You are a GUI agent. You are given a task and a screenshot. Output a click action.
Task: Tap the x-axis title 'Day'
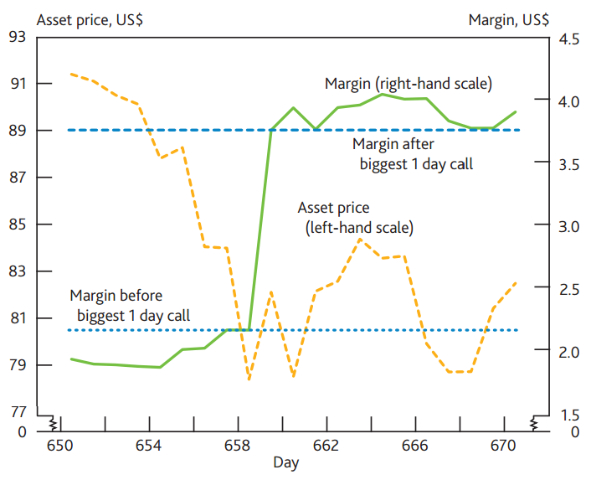[x=285, y=462]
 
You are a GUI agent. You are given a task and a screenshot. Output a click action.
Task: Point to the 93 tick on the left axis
[x=18, y=37]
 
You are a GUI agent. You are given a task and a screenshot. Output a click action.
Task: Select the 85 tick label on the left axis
[x=18, y=225]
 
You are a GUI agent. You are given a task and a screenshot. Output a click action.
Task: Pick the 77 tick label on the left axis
[x=18, y=412]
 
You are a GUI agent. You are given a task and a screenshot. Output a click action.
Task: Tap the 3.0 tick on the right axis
[x=569, y=226]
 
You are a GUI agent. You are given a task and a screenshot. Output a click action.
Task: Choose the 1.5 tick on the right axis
[x=569, y=414]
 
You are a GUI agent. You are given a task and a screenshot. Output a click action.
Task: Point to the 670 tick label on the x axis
[x=502, y=446]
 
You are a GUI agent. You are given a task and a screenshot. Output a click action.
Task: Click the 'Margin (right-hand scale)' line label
[x=408, y=84]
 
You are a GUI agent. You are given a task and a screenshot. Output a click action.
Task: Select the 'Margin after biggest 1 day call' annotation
[x=416, y=153]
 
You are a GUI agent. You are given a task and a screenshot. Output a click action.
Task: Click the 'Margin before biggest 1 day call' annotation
[x=129, y=306]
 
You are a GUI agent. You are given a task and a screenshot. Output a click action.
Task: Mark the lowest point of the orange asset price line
[x=249, y=380]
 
